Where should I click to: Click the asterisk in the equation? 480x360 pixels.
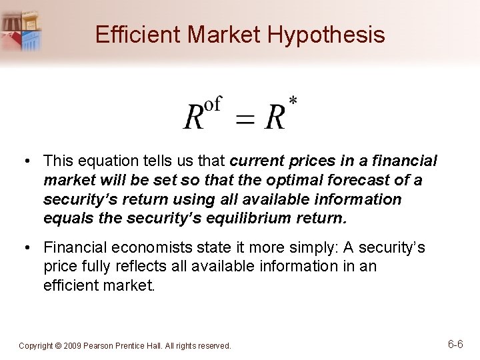[x=293, y=101]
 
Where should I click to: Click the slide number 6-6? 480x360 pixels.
[x=456, y=344]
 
